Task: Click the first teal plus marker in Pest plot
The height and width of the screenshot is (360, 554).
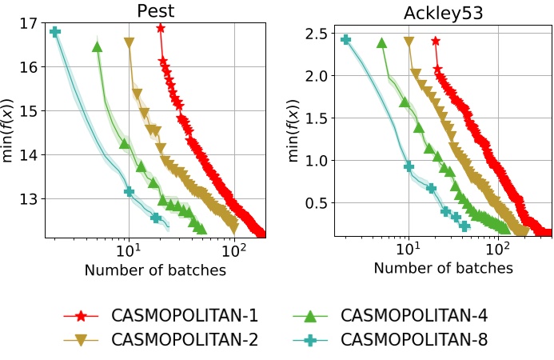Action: point(55,32)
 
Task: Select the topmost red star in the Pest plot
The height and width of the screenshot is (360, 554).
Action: point(161,28)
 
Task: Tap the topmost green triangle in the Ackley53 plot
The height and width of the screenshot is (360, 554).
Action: point(382,43)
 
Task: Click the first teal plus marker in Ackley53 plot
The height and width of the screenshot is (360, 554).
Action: point(346,39)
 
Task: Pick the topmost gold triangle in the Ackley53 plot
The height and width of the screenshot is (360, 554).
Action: point(409,42)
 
